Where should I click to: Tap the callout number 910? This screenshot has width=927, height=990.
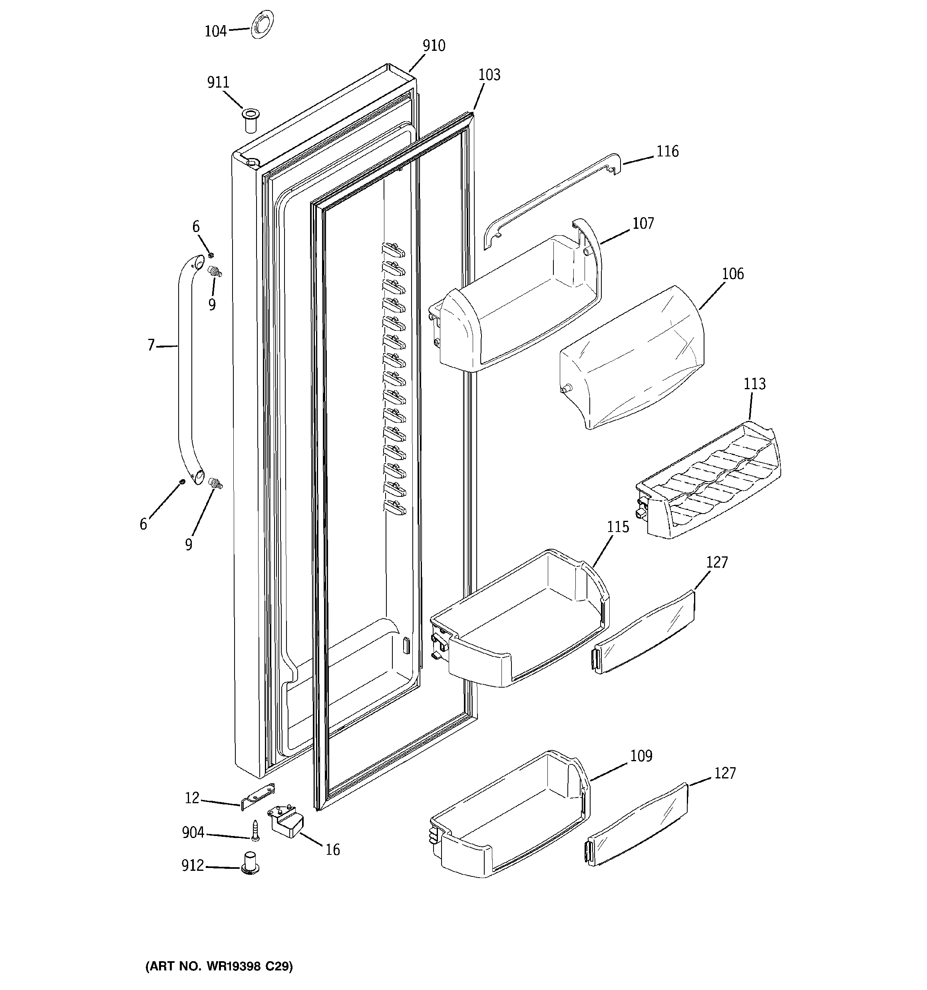pos(434,46)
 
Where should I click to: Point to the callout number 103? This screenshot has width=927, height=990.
pos(489,75)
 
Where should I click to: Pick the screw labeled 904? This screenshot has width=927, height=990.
pos(255,831)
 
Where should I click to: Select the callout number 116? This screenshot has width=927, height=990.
pos(667,151)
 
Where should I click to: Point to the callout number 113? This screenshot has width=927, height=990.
pos(754,384)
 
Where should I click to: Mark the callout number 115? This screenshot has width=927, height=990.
pos(617,527)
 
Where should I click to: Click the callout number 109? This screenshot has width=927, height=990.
pos(641,756)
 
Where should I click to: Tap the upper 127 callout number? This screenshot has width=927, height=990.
pos(716,562)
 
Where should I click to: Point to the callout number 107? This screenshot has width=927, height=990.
pos(643,224)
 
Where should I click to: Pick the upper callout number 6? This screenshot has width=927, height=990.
pos(196,227)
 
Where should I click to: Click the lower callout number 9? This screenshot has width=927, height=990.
pos(189,545)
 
